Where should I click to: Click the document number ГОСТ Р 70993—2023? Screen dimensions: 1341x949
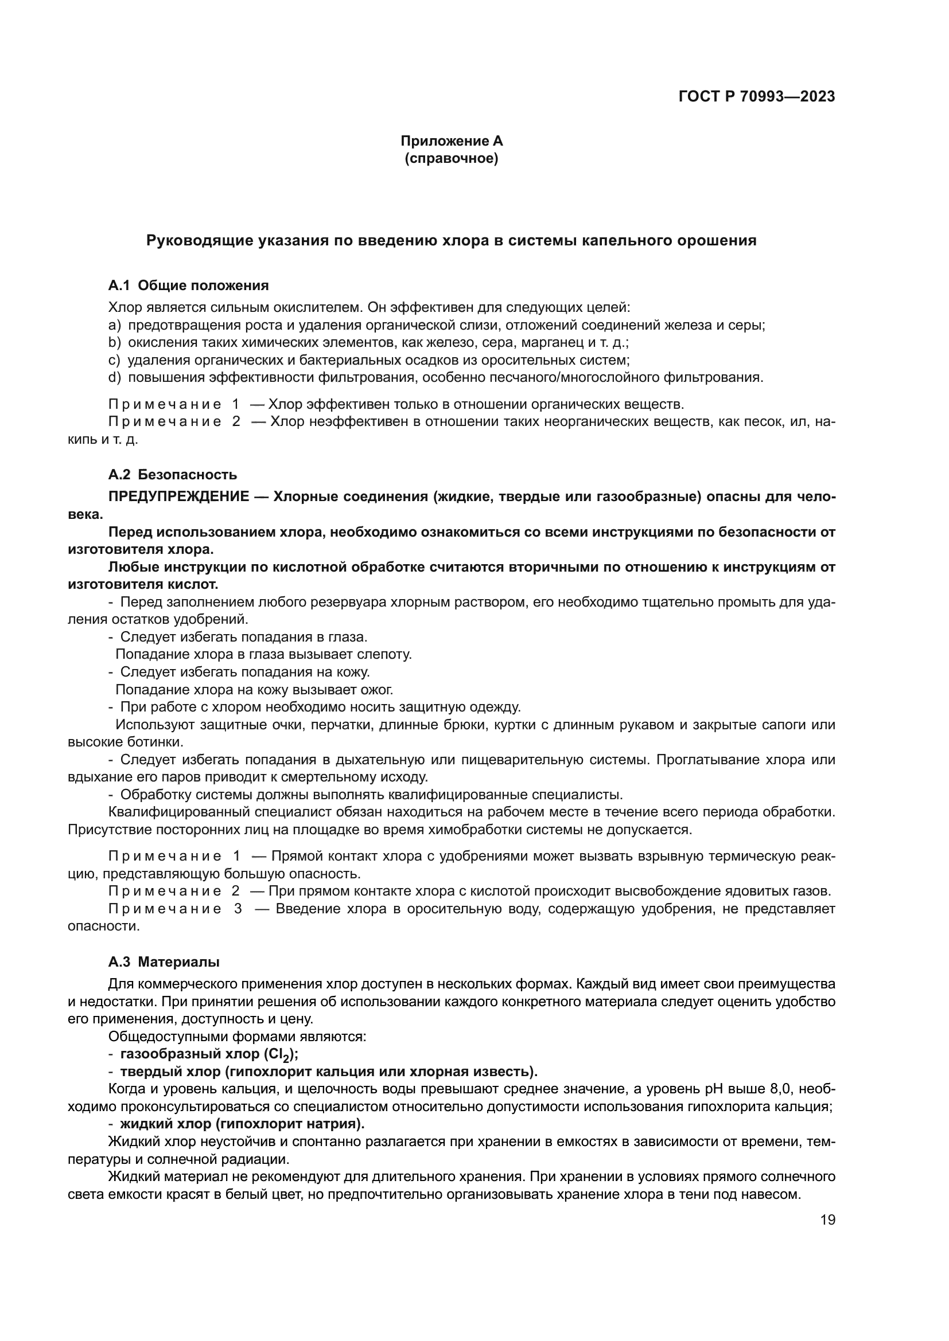[757, 97]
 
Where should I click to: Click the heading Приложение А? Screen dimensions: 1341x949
[451, 141]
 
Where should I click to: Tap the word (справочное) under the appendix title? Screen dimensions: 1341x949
[451, 158]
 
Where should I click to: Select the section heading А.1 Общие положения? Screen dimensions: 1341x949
[188, 286]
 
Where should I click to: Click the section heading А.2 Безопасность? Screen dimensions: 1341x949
[172, 474]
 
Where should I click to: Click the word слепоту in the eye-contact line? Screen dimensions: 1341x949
[384, 654]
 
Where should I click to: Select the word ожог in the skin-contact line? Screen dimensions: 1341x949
[378, 689]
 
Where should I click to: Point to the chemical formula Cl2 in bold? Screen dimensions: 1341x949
[279, 1054]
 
